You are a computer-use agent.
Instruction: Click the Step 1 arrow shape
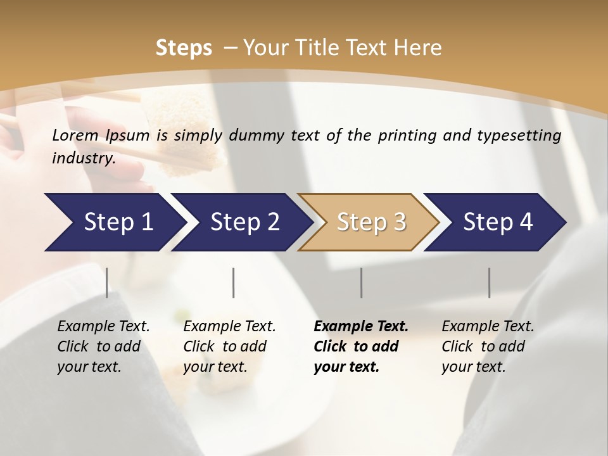(x=114, y=222)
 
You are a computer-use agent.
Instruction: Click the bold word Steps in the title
(x=184, y=47)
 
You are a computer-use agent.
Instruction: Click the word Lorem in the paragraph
(x=75, y=135)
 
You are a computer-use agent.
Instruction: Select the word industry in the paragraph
(x=83, y=158)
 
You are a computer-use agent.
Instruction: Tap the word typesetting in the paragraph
(x=522, y=135)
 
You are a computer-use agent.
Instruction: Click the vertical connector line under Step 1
(x=107, y=282)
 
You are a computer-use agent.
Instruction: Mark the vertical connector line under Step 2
(x=234, y=282)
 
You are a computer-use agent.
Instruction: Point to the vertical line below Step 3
(x=361, y=282)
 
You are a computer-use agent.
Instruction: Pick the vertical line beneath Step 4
(x=489, y=282)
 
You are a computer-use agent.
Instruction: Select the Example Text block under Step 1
(x=103, y=346)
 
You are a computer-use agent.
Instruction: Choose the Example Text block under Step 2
(x=229, y=346)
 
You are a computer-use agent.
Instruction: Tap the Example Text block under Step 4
(x=488, y=346)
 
